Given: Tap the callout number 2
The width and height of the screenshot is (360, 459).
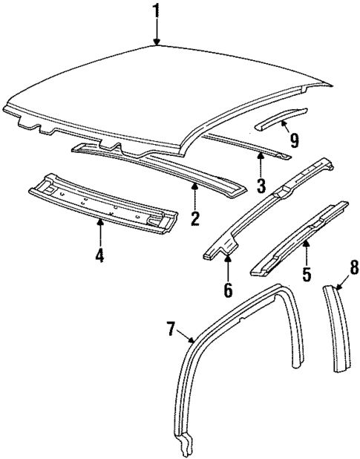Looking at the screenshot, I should click(195, 218).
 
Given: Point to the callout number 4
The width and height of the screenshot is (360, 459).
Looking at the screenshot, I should click(99, 256).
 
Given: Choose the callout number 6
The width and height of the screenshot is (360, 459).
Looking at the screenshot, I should click(228, 288).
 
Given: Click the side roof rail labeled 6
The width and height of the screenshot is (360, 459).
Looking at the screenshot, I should click(267, 208).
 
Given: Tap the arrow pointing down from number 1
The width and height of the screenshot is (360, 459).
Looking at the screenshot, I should click(156, 33).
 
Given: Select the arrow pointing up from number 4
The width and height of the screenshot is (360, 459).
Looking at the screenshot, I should click(99, 234).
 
